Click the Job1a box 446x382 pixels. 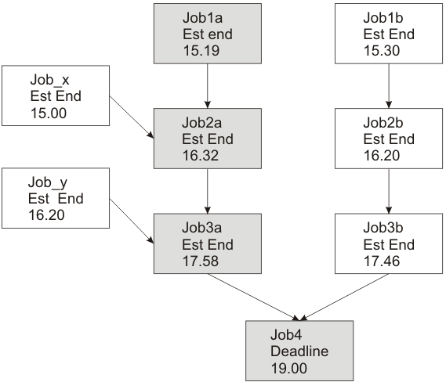(208, 33)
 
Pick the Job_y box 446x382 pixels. (54, 199)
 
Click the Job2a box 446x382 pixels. (208, 138)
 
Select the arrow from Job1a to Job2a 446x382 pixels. (208, 85)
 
